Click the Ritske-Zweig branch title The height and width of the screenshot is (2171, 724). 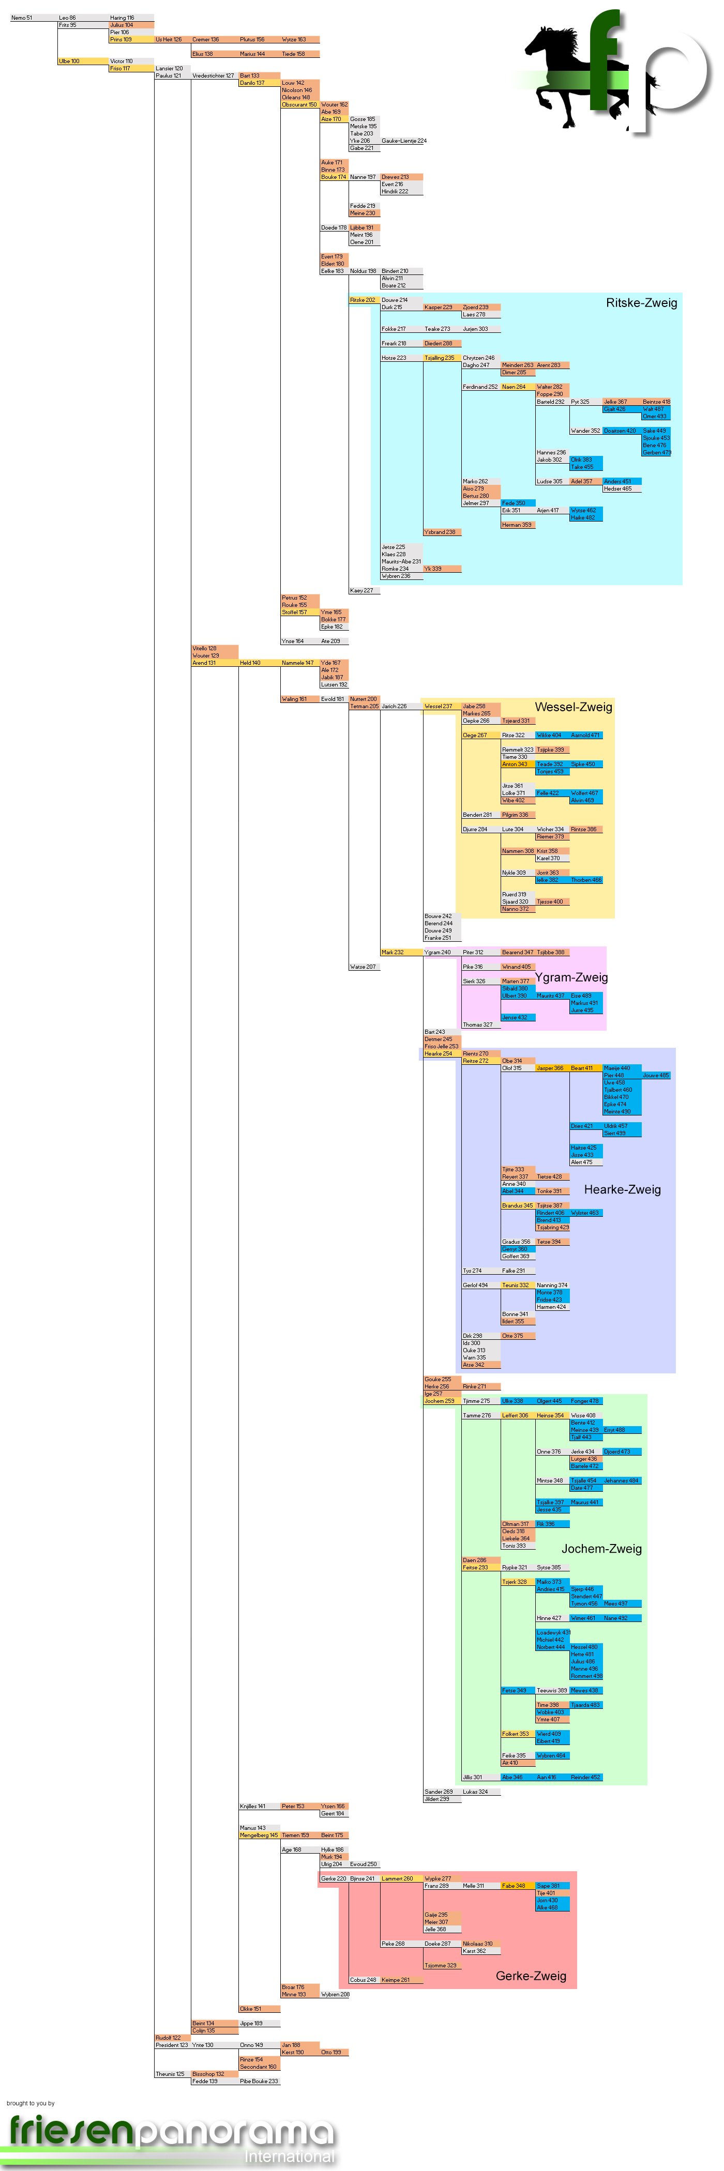(641, 302)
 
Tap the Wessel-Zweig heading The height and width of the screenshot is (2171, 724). (573, 707)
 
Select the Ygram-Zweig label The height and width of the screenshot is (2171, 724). (570, 977)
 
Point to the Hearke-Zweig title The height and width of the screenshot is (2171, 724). (622, 1189)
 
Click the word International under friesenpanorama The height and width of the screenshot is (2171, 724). (289, 2156)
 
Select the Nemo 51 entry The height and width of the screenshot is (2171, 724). (21, 18)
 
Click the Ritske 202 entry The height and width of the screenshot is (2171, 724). (363, 300)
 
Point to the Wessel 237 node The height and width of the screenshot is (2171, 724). (438, 706)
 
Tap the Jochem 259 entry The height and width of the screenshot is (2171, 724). (438, 1401)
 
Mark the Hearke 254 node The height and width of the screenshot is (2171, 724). (438, 1053)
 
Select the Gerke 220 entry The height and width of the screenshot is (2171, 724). (333, 1878)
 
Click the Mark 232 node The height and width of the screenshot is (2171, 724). (392, 952)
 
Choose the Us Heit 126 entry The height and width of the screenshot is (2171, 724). (169, 40)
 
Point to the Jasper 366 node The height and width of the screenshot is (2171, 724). (550, 1068)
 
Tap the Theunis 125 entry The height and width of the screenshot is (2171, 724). (170, 2074)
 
